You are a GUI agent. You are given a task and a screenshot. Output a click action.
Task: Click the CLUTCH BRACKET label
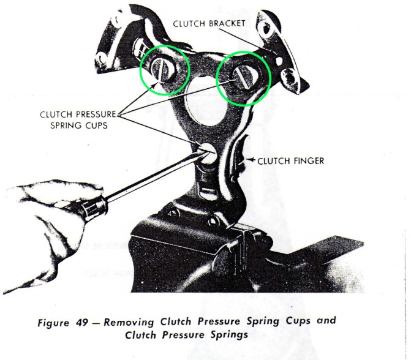[209, 24]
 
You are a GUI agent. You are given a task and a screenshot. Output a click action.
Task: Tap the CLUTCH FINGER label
[291, 161]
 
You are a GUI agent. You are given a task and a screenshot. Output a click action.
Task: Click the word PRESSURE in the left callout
[96, 114]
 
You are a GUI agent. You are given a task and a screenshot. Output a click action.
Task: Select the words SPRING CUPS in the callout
[79, 126]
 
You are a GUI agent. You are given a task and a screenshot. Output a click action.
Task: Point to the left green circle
[140, 70]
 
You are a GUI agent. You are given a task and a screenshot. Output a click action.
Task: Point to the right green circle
[216, 78]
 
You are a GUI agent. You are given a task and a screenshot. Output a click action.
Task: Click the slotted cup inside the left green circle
[164, 70]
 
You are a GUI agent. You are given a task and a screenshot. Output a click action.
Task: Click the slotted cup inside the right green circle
[244, 78]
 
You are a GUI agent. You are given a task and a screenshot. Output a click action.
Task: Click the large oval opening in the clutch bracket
[206, 105]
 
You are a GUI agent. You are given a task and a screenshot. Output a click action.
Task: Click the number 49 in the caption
[82, 322]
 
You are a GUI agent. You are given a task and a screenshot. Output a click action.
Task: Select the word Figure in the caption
[53, 323]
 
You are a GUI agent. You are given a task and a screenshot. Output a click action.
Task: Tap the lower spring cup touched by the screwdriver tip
[208, 154]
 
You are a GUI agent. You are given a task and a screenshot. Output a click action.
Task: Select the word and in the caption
[326, 320]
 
